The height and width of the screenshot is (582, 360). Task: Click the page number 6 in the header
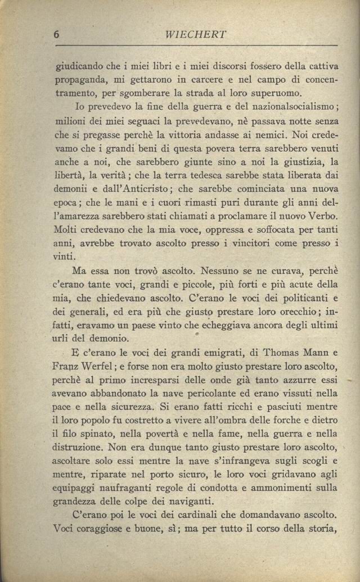57,34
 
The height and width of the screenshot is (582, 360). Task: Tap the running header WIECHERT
196,34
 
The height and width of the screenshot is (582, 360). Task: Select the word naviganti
186,502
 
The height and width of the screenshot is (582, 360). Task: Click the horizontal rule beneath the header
196,45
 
